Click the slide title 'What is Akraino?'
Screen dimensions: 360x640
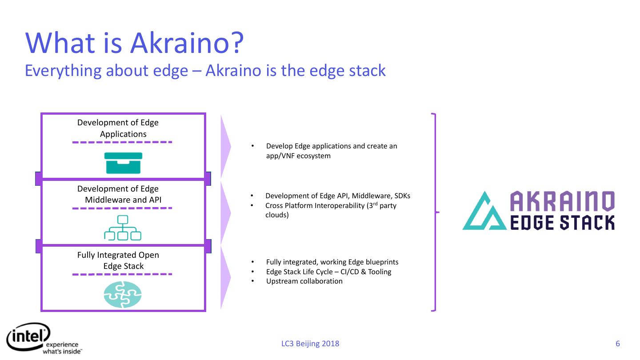(135, 43)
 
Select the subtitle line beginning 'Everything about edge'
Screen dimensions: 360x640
(205, 71)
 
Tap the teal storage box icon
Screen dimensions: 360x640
(123, 163)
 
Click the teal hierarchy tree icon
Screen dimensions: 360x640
(123, 228)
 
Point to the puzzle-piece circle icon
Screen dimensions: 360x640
(123, 295)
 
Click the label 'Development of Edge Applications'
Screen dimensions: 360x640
(118, 128)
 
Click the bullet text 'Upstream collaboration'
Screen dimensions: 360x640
(304, 281)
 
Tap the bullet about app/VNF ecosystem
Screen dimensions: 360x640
(331, 151)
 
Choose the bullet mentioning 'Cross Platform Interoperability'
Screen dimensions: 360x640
(330, 210)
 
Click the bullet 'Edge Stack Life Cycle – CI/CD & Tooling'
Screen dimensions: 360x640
(328, 272)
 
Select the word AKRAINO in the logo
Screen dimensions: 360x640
(562, 201)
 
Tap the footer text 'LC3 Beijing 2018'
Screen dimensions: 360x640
(310, 344)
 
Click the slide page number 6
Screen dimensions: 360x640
(617, 344)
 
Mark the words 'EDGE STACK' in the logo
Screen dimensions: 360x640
(562, 222)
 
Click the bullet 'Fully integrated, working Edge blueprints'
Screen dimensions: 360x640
(332, 262)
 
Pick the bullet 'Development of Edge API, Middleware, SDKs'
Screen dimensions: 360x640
(338, 196)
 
